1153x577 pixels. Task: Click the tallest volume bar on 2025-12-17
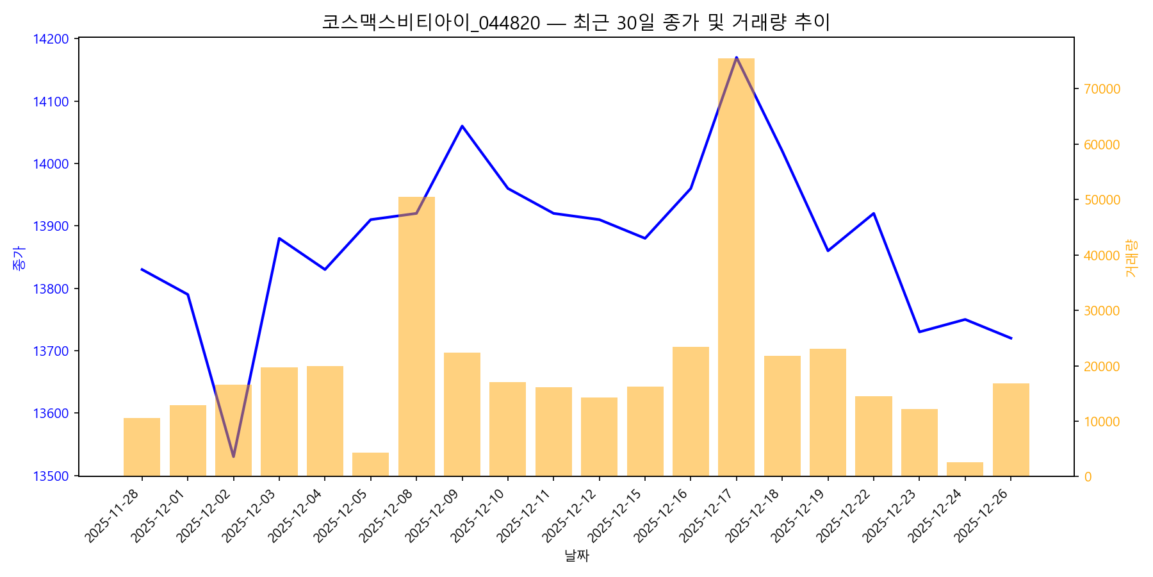click(x=736, y=267)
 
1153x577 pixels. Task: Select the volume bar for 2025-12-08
click(x=416, y=337)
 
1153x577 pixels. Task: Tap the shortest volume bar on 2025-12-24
click(x=965, y=469)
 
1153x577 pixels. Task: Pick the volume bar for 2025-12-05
click(x=370, y=464)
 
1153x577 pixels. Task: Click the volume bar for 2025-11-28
click(x=142, y=447)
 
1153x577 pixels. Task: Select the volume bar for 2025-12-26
click(x=1011, y=430)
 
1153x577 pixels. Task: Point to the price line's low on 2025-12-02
click(x=233, y=456)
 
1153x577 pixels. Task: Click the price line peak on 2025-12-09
click(x=462, y=126)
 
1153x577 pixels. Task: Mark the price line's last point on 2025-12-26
click(x=1011, y=338)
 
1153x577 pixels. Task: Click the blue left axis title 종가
click(x=20, y=257)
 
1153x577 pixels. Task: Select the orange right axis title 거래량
click(x=1131, y=258)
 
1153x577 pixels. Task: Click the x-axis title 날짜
click(x=576, y=556)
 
